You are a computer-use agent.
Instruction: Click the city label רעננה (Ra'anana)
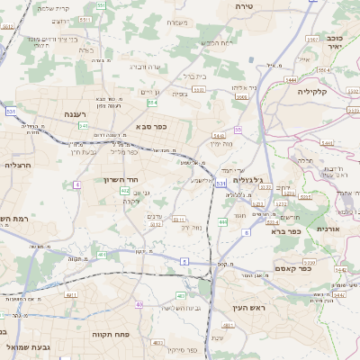tap(81, 115)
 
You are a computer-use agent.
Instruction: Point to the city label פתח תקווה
tap(111, 332)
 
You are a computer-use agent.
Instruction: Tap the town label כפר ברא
tap(290, 230)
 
